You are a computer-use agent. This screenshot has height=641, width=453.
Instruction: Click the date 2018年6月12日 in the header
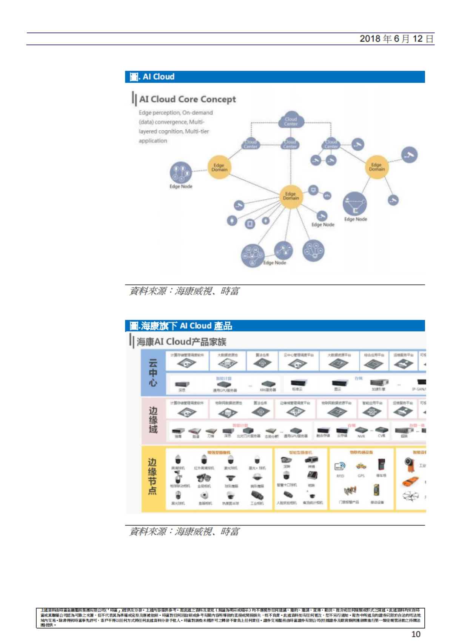[396, 39]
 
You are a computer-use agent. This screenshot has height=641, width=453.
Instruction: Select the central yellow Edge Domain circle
[291, 196]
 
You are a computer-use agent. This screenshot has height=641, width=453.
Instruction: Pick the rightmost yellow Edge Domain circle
[377, 167]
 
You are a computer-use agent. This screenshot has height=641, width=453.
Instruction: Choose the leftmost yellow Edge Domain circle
[219, 167]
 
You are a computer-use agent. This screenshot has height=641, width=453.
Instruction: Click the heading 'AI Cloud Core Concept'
[187, 99]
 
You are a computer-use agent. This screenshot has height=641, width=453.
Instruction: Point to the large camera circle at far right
[409, 155]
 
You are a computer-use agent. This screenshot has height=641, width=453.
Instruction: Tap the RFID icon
[340, 467]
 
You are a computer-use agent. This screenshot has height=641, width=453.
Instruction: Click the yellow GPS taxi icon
[361, 466]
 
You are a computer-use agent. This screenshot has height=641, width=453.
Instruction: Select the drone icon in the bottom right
[411, 496]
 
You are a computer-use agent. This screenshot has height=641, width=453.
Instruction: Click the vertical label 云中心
[153, 373]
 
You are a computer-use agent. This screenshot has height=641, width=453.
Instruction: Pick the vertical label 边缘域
[153, 420]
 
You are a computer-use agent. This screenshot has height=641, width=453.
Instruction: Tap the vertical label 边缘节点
[153, 476]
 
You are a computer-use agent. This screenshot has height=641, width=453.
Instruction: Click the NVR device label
[361, 436]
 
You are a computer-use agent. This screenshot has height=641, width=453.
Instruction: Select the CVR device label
[381, 436]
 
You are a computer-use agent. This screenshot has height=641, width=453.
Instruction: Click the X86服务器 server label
[268, 390]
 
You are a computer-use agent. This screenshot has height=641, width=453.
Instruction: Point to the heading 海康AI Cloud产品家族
[181, 342]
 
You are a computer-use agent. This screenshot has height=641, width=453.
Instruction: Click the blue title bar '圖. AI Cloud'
[274, 77]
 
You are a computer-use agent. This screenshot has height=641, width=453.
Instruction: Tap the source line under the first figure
[184, 291]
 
